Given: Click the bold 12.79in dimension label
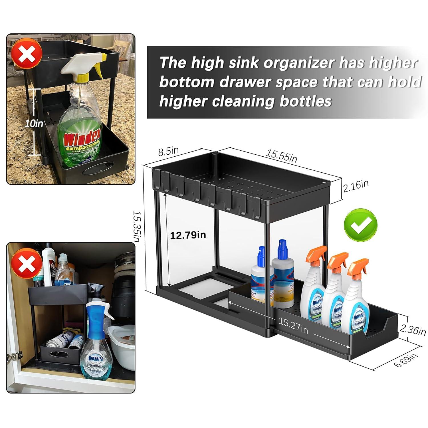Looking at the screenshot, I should [188, 235].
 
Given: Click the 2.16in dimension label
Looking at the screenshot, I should [356, 187].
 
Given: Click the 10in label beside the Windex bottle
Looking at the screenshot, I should [34, 124].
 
